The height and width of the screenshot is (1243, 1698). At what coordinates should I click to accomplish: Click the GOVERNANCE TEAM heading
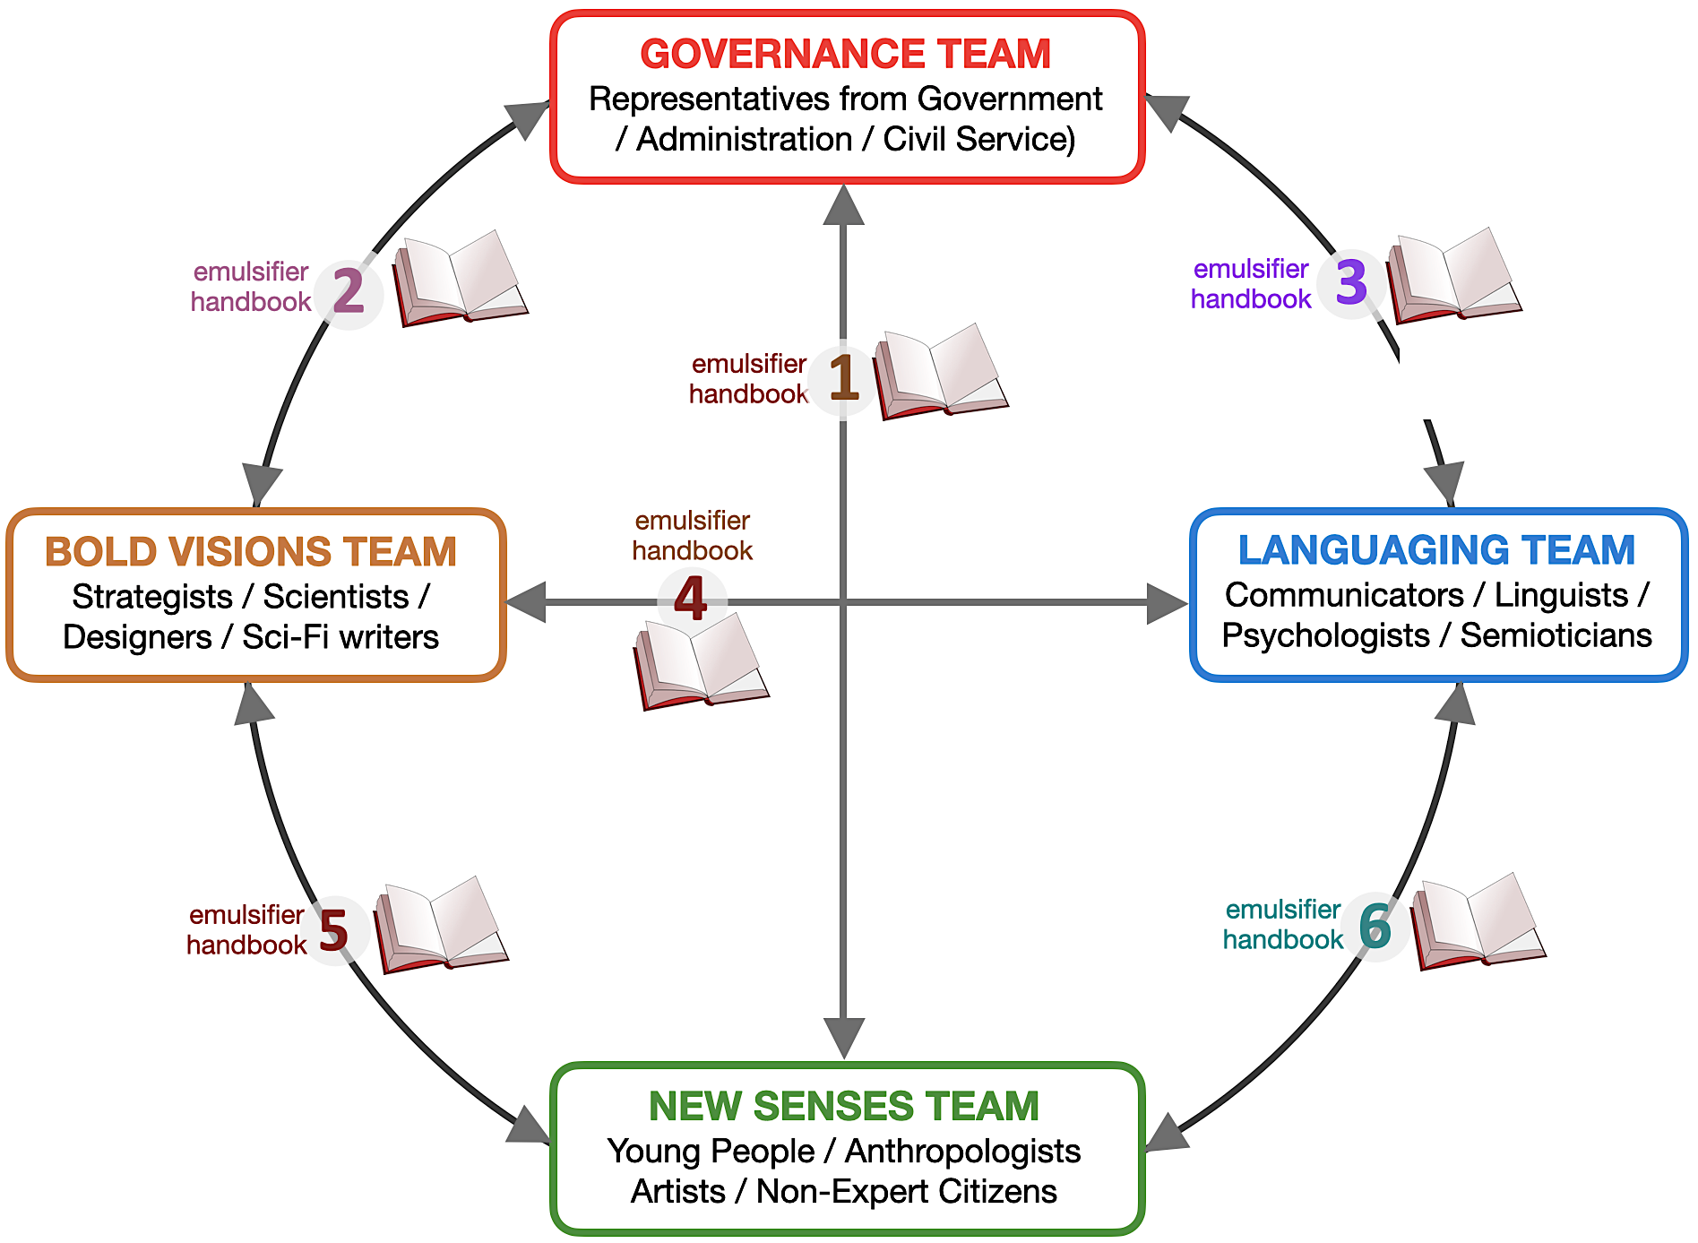pyautogui.click(x=845, y=54)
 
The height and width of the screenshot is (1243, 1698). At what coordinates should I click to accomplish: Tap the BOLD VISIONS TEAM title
pyautogui.click(x=251, y=552)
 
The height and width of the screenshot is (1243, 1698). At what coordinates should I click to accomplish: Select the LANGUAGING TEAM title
pyautogui.click(x=1436, y=550)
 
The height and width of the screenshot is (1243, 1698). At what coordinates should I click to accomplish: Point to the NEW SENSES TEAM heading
pyautogui.click(x=844, y=1106)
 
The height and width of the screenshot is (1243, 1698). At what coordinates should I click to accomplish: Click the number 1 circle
pyautogui.click(x=843, y=378)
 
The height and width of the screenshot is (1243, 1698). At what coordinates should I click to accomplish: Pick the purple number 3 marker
pyautogui.click(x=1351, y=282)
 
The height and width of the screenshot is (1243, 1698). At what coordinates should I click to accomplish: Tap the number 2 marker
pyautogui.click(x=349, y=292)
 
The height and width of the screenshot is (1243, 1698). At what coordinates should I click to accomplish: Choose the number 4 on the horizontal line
pyautogui.click(x=691, y=600)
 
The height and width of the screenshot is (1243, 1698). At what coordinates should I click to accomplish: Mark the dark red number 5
pyautogui.click(x=333, y=930)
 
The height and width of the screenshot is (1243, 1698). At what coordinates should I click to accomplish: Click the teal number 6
pyautogui.click(x=1375, y=926)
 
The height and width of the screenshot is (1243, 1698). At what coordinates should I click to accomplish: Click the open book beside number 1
pyautogui.click(x=941, y=372)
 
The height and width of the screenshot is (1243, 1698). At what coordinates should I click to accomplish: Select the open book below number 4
pyautogui.click(x=701, y=661)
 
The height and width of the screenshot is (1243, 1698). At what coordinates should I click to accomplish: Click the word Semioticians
pyautogui.click(x=1556, y=635)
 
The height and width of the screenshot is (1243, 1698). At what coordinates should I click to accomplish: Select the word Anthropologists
pyautogui.click(x=962, y=1151)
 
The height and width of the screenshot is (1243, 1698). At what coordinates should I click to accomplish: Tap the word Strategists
pyautogui.click(x=152, y=597)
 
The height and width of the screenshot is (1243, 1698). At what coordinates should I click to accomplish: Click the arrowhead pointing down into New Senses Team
pyautogui.click(x=843, y=1038)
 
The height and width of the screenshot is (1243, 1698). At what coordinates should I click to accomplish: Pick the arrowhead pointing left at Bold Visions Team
pyautogui.click(x=527, y=601)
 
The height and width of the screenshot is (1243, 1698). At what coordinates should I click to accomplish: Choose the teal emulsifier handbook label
pyautogui.click(x=1282, y=924)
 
